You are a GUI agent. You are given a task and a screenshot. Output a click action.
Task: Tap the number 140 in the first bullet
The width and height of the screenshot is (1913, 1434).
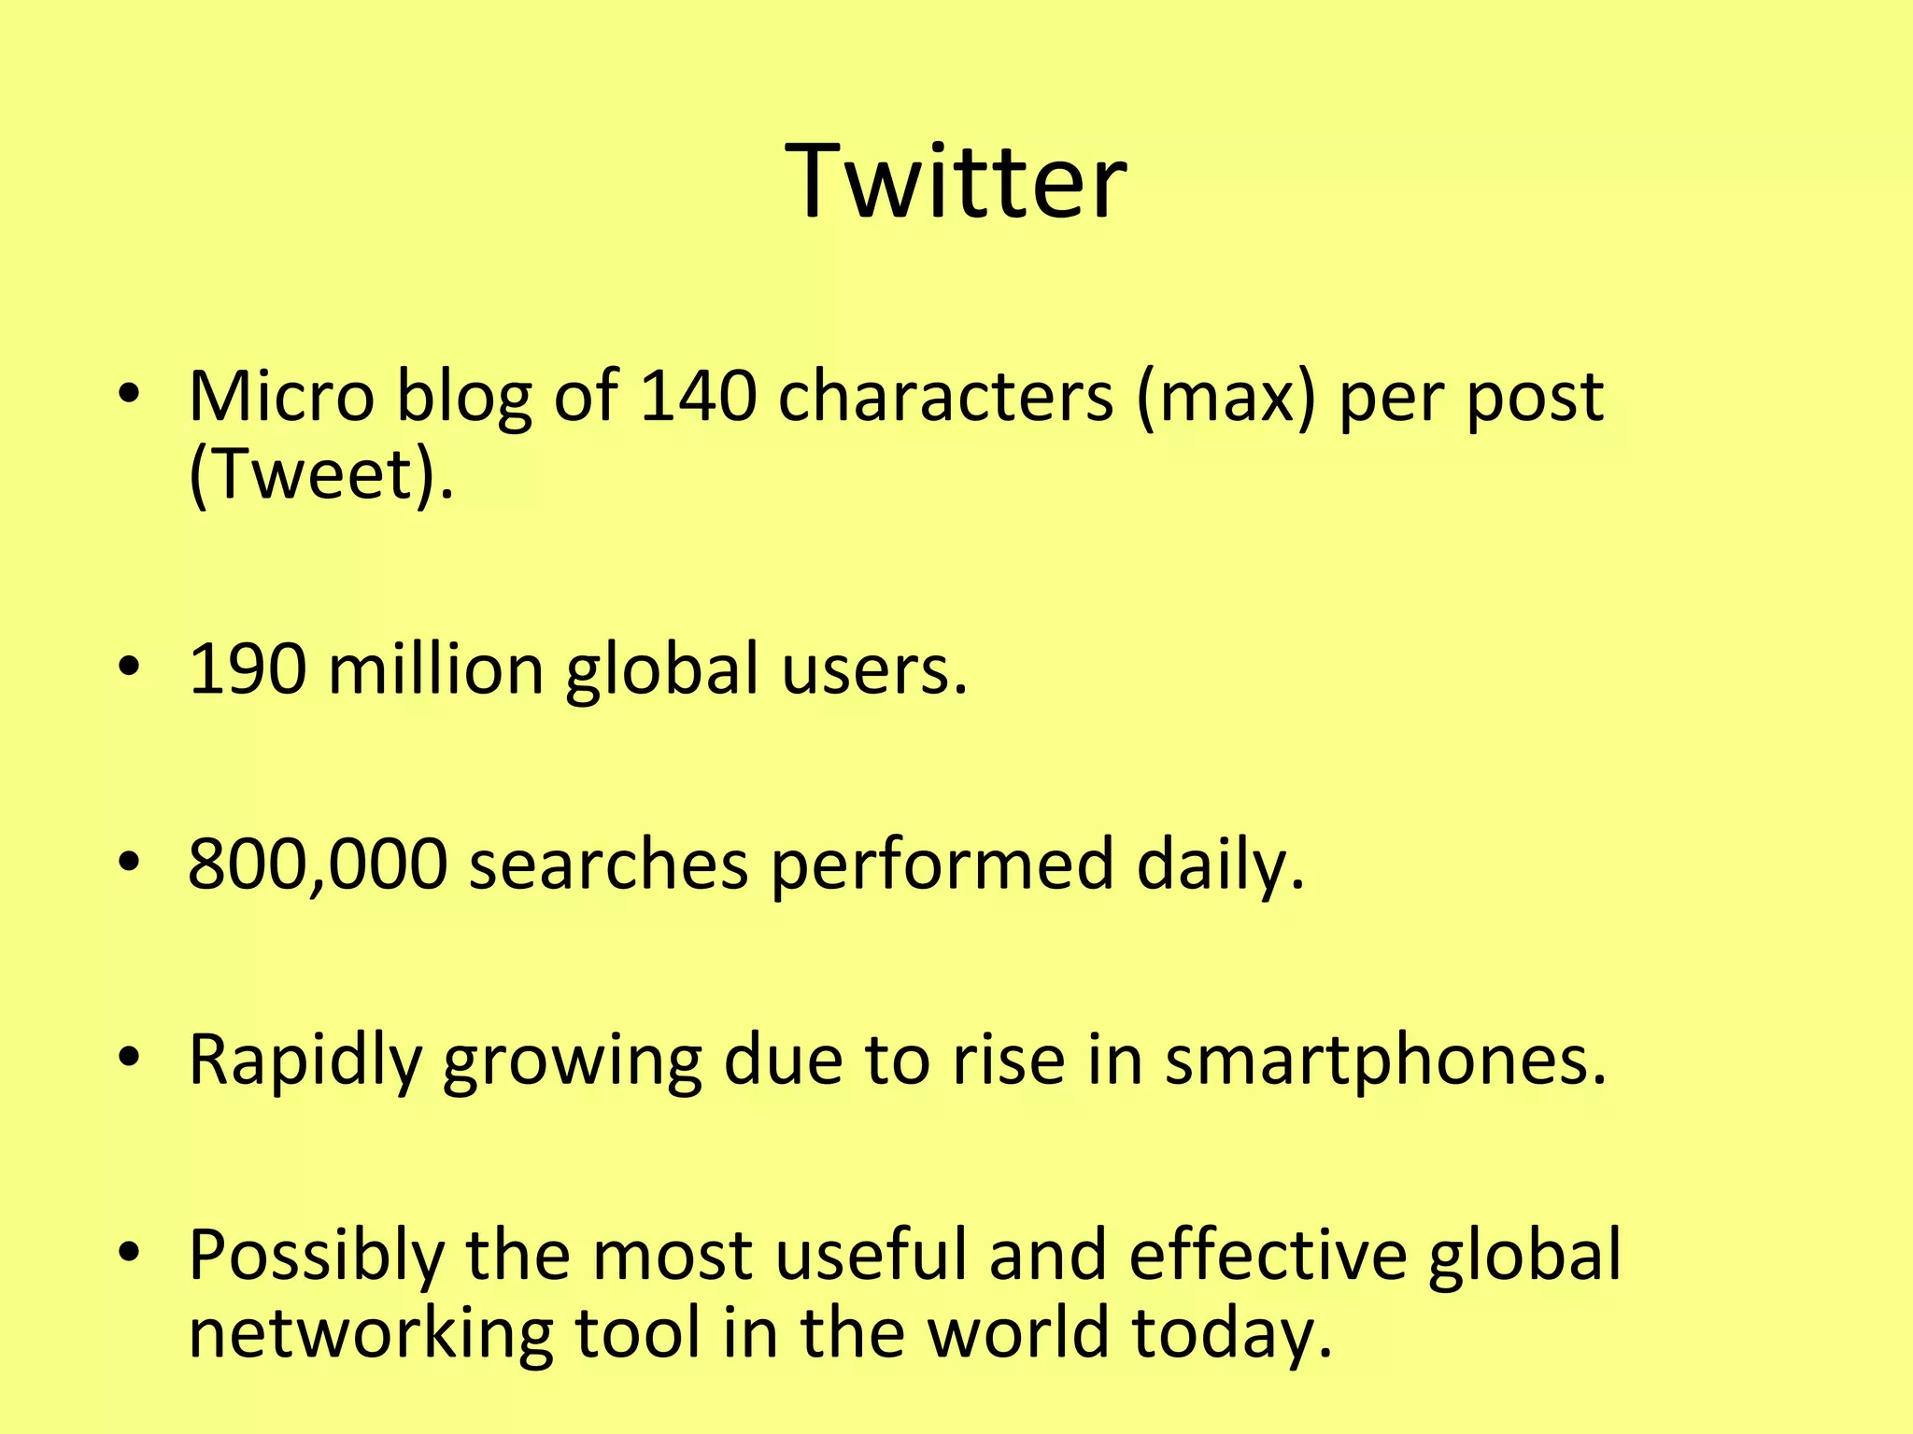(697, 396)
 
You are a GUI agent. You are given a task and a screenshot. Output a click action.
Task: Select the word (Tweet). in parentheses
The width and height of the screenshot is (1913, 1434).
(320, 474)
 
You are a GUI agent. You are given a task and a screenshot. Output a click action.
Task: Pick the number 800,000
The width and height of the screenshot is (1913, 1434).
(318, 865)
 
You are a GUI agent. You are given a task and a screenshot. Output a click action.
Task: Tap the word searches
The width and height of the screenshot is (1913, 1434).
(608, 865)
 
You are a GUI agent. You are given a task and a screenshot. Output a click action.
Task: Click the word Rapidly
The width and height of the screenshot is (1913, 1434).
(305, 1061)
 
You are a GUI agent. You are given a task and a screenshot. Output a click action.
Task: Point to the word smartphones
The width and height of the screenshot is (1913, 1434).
(1384, 1061)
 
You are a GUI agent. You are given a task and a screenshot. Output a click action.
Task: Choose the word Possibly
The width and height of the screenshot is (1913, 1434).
(316, 1257)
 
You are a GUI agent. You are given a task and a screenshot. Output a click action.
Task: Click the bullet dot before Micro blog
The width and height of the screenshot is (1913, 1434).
(129, 393)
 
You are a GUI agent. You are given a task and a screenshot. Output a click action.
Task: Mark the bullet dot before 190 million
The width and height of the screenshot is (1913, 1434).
(129, 666)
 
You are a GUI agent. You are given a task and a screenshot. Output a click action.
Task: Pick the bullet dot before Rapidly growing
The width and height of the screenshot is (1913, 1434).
(129, 1056)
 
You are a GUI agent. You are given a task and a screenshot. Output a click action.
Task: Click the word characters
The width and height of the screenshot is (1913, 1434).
(945, 396)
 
